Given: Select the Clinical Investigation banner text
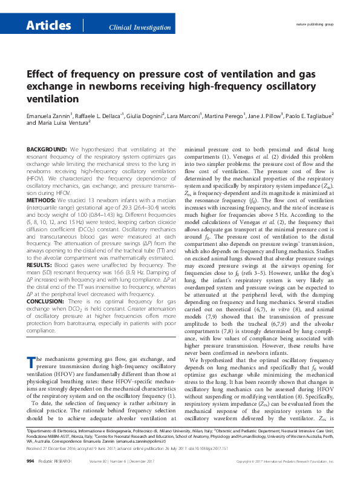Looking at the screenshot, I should coord(139,28).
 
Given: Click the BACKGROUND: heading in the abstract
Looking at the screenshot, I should coord(47,149).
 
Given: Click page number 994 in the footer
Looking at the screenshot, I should coord(30,461).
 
